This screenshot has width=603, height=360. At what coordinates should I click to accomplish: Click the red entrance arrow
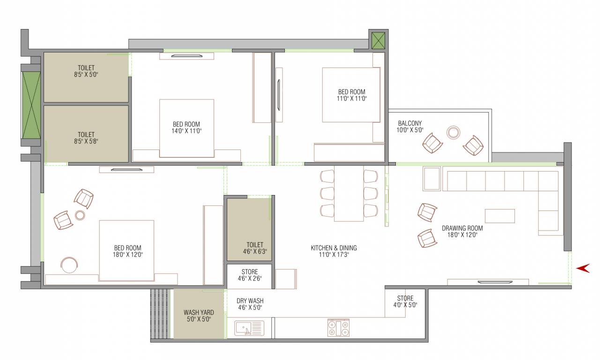tap(582, 268)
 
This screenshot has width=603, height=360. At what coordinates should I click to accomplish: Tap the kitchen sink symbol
tap(249, 328)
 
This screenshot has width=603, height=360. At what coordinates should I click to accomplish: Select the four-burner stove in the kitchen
tap(338, 328)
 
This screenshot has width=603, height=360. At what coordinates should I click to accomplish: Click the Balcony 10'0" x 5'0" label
tap(410, 127)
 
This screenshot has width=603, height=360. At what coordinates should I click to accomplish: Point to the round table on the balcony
tap(453, 133)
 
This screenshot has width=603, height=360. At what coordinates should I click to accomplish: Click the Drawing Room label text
tap(462, 232)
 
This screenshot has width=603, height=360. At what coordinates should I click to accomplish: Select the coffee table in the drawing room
tap(499, 216)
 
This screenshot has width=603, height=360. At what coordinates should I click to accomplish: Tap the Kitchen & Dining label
tap(334, 251)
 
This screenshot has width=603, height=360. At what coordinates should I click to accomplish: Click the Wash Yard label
tap(199, 315)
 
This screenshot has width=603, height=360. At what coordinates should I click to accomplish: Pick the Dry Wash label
tap(249, 304)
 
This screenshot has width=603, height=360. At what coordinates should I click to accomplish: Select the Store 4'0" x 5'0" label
tap(405, 301)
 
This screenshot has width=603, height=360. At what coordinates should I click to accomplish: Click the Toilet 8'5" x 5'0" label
tap(86, 71)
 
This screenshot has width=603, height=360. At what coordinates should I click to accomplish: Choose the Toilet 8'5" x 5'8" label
tap(86, 137)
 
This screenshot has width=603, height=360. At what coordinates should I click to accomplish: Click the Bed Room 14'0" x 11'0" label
tap(186, 127)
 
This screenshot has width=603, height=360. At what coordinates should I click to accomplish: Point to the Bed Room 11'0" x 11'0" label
tap(351, 95)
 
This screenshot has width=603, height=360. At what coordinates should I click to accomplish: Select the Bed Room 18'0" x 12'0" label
tap(127, 251)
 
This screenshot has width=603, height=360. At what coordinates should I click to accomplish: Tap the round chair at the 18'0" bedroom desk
tap(69, 264)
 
